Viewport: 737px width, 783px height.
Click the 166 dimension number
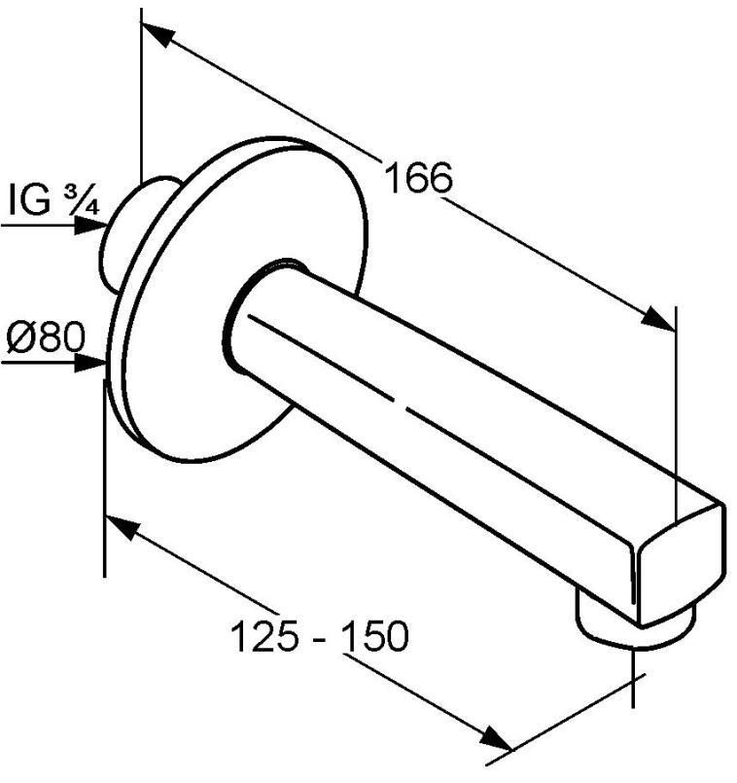click(x=419, y=178)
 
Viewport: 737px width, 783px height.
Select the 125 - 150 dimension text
click(x=320, y=636)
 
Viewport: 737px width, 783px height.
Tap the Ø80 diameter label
click(x=46, y=337)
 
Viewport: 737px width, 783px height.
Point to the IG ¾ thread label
click(x=53, y=199)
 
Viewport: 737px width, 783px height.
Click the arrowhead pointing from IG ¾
click(x=90, y=226)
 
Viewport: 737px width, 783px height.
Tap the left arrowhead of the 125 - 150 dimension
click(x=121, y=527)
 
